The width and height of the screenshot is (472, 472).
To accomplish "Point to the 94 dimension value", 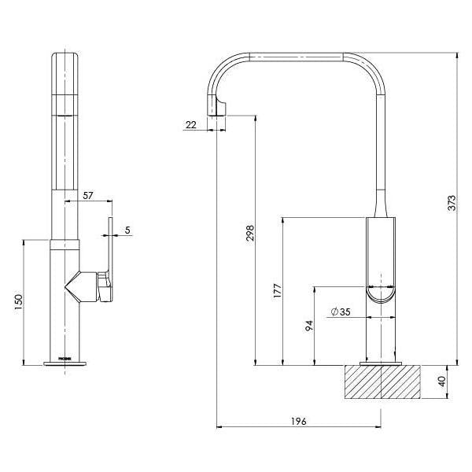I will click(x=309, y=324).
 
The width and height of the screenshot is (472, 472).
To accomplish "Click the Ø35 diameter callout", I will click(x=340, y=312).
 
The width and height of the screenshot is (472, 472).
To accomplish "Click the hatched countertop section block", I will click(x=382, y=384).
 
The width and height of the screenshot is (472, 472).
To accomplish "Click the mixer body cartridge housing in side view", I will click(x=382, y=260).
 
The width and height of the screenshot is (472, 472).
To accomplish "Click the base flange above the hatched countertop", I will click(x=382, y=363).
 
